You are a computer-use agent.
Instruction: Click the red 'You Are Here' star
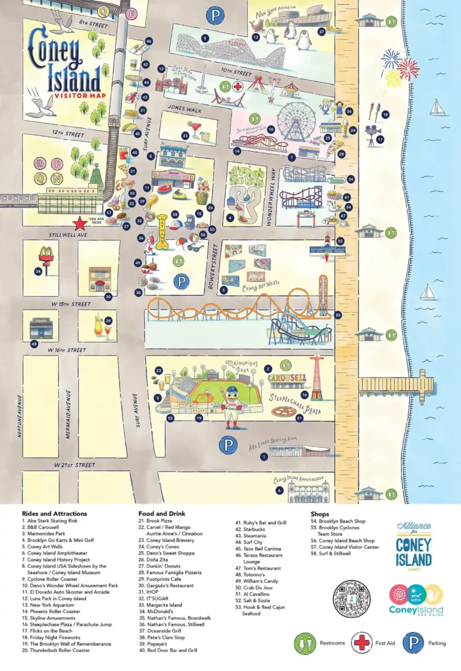(x=79, y=224)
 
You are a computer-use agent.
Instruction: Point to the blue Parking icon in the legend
(x=413, y=643)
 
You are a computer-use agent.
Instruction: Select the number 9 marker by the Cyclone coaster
(x=205, y=38)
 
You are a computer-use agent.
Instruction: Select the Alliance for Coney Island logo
(x=414, y=545)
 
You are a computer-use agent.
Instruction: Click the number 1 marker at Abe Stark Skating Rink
(x=264, y=457)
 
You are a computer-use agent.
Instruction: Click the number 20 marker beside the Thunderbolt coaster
(x=338, y=314)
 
